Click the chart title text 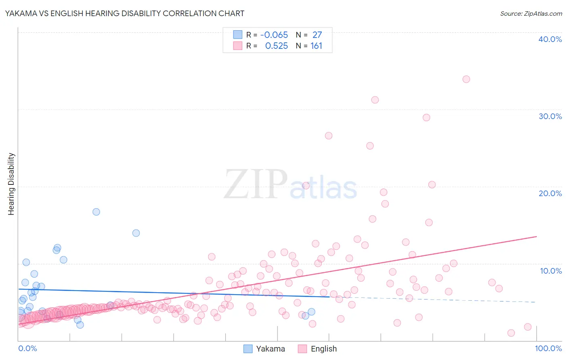tap(125, 13)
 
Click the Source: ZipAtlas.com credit tap(531, 13)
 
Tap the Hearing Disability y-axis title tap(11, 184)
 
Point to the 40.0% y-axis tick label tap(550, 39)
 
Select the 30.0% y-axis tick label tap(550, 116)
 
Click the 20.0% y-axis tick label tap(550, 193)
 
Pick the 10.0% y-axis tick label tap(550, 271)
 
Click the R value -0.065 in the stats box tap(274, 35)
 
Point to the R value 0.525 tap(276, 46)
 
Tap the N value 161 tap(316, 46)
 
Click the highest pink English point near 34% tap(466, 79)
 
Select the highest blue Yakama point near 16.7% tap(96, 212)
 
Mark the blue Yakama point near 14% tap(136, 233)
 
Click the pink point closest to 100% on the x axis tap(527, 327)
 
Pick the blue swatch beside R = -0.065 tap(238, 35)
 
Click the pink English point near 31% tap(375, 100)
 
